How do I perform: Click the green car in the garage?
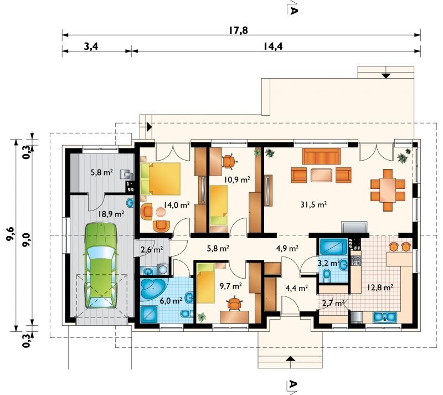pos(101,265)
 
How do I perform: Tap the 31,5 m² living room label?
pos(313,204)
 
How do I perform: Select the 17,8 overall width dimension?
pos(238,30)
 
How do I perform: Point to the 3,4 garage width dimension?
pos(91,46)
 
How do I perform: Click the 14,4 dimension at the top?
pos(273,46)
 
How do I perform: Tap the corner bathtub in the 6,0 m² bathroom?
pos(153,288)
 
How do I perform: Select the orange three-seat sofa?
pos(321,156)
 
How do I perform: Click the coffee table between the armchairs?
pos(321,175)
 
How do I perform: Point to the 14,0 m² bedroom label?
pos(177,205)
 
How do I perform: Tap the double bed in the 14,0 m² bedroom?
pos(161,179)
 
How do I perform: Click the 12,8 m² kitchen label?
pos(380,288)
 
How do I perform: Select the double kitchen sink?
pos(385,317)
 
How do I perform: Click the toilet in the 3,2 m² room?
pos(327,274)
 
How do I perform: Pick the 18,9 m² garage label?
pos(111,214)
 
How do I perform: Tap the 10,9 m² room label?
pos(238,179)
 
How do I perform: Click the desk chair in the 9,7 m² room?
pos(234,304)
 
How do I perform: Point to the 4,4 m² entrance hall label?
pos(297,288)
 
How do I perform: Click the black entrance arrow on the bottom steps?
pos(290,359)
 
